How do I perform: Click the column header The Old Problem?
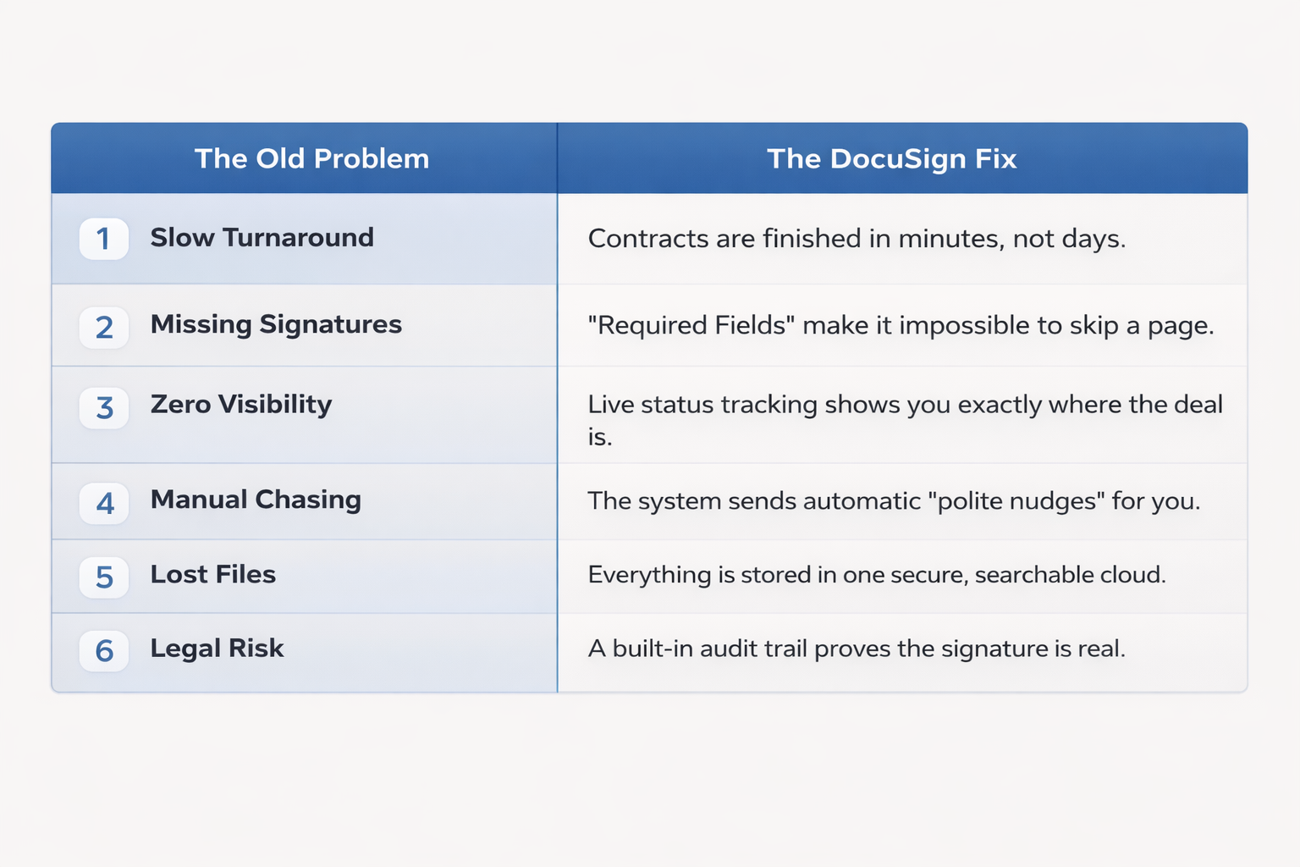(x=311, y=158)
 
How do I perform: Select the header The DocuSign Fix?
(x=891, y=158)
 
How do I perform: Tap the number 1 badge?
(x=103, y=239)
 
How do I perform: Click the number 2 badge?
(x=103, y=327)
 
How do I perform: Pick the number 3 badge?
(x=103, y=407)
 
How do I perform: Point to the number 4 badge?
(x=103, y=503)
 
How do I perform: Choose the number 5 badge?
(x=103, y=577)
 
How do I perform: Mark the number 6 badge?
(x=103, y=650)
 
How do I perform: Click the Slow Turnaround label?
(x=262, y=237)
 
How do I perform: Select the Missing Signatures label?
(x=276, y=324)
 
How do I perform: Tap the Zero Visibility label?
(x=241, y=404)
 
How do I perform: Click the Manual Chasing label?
(x=256, y=500)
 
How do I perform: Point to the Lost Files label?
(x=213, y=574)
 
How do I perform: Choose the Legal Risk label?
(x=217, y=648)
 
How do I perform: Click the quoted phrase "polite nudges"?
(x=1016, y=501)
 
